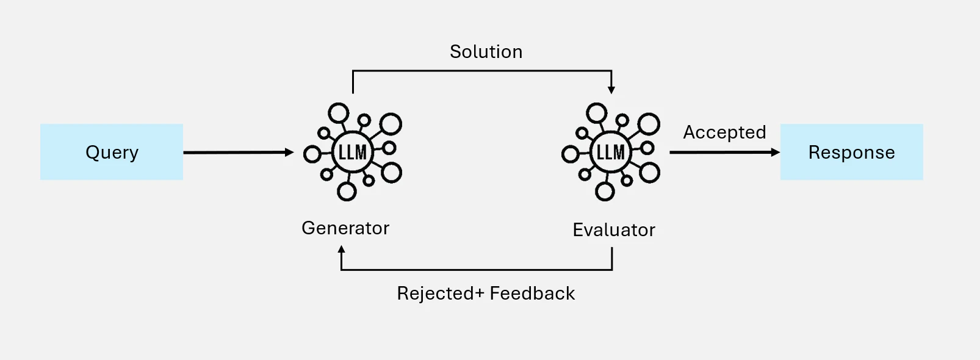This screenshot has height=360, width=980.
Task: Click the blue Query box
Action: [112, 152]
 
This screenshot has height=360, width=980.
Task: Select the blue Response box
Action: [851, 152]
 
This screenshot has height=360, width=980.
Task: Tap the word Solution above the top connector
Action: [486, 52]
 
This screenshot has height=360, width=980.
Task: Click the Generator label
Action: [345, 228]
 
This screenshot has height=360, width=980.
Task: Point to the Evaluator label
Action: [614, 229]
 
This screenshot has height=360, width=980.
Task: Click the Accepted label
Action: [724, 132]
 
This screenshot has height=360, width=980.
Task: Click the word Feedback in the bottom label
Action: [533, 293]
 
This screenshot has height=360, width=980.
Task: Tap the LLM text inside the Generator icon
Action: [353, 153]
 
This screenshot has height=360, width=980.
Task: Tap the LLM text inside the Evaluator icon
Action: [611, 153]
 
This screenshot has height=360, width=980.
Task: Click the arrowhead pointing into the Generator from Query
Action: [289, 152]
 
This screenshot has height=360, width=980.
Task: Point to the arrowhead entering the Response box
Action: [775, 152]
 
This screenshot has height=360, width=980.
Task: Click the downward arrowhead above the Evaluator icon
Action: [611, 90]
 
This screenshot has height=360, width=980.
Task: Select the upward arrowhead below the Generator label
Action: [341, 250]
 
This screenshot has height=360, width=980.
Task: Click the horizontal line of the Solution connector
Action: [482, 70]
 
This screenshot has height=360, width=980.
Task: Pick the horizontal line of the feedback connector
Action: [477, 270]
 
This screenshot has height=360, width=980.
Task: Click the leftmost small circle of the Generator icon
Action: [312, 154]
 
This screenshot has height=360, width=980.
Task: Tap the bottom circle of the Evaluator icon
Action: [605, 192]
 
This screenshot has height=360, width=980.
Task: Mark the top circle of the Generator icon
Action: [339, 113]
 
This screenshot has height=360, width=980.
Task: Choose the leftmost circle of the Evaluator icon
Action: [570, 154]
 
